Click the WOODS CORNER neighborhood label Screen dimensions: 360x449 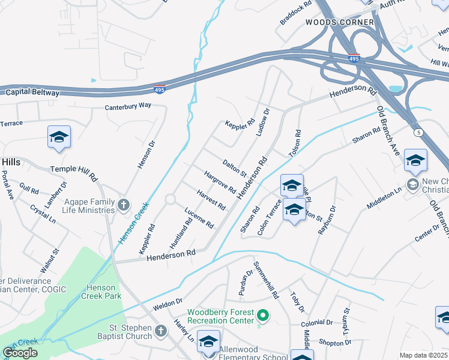click(340, 22)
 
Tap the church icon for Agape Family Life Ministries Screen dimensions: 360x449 click(124, 205)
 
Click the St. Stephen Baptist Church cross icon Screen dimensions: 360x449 click(160, 331)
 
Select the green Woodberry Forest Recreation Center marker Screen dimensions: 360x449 click(262, 314)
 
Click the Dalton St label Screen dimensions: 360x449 click(235, 167)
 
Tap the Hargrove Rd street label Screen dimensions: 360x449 click(220, 182)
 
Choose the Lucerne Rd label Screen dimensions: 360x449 click(199, 218)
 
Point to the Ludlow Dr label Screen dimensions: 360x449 click(263, 122)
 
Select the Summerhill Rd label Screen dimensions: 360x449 click(267, 280)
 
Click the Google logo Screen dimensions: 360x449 click(20, 353)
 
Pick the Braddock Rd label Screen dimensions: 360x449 click(296, 13)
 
